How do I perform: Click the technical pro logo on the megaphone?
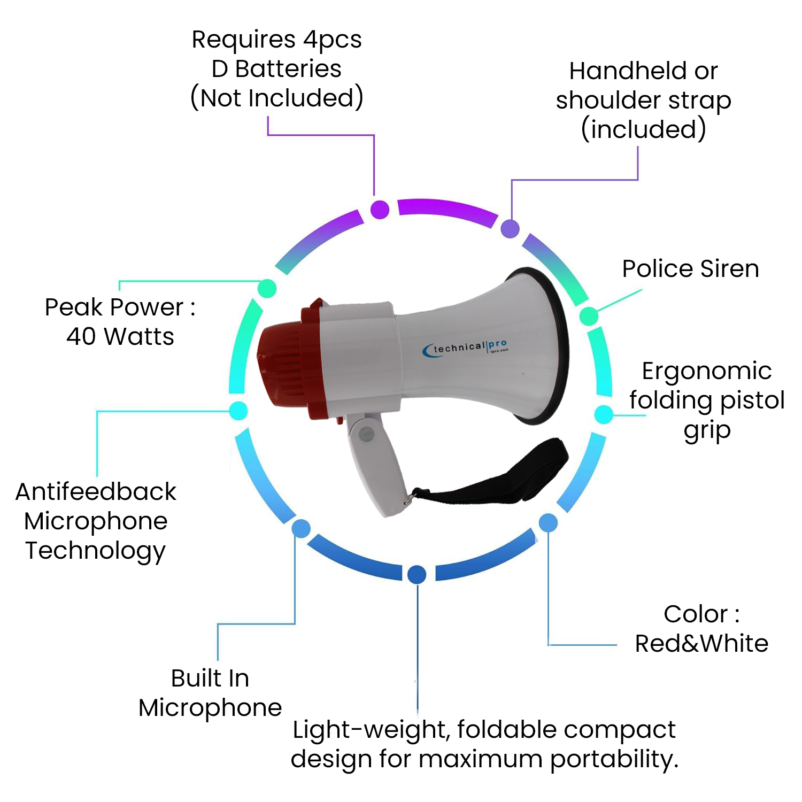(465, 348)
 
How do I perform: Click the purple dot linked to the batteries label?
(380, 210)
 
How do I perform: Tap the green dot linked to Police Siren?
(589, 316)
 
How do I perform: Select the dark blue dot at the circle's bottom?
(417, 574)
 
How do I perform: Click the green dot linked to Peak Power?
(267, 288)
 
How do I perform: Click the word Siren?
(729, 268)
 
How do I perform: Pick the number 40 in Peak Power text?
(82, 336)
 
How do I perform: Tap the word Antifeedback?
(96, 491)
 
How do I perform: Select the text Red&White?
(701, 643)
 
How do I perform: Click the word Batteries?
(288, 68)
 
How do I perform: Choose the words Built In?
(210, 678)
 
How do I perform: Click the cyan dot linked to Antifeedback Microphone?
(238, 411)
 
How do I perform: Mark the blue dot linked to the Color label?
(548, 522)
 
